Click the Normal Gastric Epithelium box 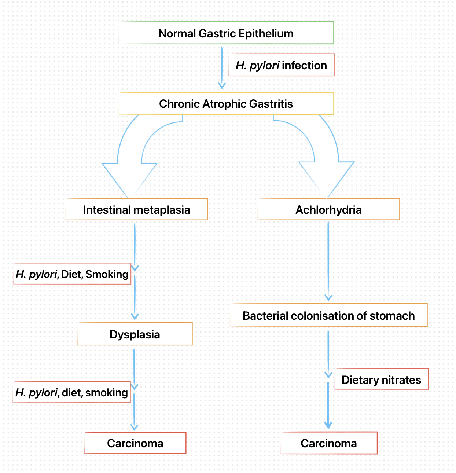(x=226, y=33)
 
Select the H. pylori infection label (x=281, y=65)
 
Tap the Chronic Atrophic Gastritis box (x=226, y=104)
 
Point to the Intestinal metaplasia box (x=136, y=210)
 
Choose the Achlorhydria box (x=328, y=210)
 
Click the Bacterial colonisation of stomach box (x=328, y=315)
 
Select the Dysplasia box (x=135, y=334)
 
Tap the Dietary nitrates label (x=381, y=379)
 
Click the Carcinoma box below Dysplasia (x=135, y=443)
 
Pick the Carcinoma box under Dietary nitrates (x=328, y=443)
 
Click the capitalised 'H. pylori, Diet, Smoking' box (x=72, y=274)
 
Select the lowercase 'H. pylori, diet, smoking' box (x=71, y=392)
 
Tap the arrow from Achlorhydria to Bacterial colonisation (x=328, y=260)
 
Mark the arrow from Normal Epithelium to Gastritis (x=221, y=68)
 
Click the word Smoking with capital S (x=107, y=274)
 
